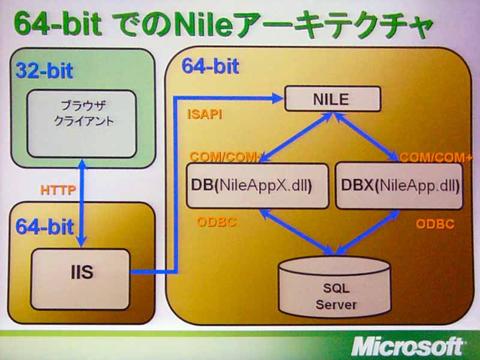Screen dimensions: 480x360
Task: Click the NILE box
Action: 332,99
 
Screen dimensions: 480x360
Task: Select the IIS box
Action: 80,279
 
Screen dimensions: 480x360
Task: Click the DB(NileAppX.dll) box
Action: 257,186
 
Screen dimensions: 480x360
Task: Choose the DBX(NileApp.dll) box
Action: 399,186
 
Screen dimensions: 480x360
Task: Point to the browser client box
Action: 82,124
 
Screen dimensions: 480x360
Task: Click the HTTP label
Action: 58,190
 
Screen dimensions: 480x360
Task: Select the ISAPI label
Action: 205,115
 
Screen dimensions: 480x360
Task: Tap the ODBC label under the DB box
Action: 217,222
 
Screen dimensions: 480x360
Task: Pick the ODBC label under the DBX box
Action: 434,224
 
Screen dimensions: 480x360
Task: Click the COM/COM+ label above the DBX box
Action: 436,157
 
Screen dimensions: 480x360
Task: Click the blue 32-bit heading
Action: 44,71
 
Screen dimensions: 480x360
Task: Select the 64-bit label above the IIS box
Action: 44,227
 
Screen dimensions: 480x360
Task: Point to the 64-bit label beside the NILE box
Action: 211,66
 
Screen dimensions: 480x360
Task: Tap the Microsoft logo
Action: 407,346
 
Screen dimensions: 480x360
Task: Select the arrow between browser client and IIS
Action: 82,203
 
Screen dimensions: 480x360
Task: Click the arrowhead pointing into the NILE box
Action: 277,98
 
